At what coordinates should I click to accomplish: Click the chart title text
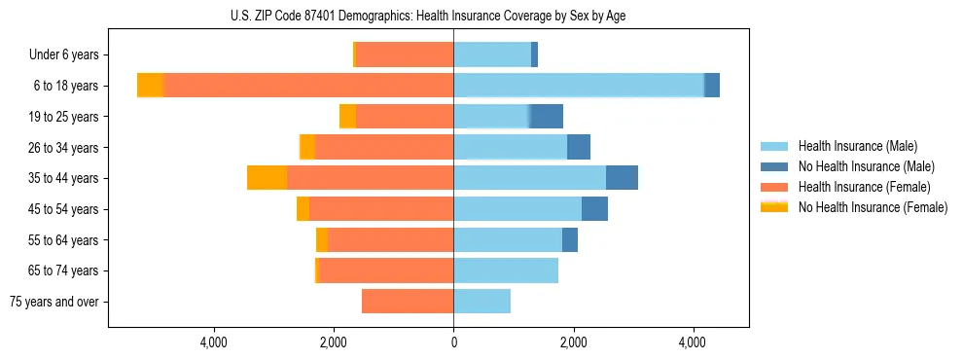pyautogui.click(x=428, y=15)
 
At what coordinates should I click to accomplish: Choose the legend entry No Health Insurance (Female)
pyautogui.click(x=873, y=207)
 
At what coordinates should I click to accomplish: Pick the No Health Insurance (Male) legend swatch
pyautogui.click(x=775, y=166)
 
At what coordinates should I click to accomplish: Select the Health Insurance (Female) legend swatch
pyautogui.click(x=775, y=187)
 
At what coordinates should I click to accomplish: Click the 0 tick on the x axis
pyautogui.click(x=453, y=342)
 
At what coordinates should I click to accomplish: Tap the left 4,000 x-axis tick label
pyautogui.click(x=213, y=342)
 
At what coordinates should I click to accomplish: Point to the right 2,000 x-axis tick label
pyautogui.click(x=573, y=342)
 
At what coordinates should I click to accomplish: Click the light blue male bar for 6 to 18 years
pyautogui.click(x=579, y=86)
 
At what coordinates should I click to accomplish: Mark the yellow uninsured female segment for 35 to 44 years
pyautogui.click(x=267, y=178)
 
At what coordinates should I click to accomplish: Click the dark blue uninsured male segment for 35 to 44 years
pyautogui.click(x=622, y=178)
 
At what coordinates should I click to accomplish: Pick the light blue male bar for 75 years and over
pyautogui.click(x=481, y=302)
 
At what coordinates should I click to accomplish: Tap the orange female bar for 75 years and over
pyautogui.click(x=408, y=302)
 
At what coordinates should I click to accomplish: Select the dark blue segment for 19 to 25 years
pyautogui.click(x=546, y=117)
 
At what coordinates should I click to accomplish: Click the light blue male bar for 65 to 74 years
pyautogui.click(x=506, y=270)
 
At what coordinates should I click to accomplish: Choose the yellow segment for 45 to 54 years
pyautogui.click(x=303, y=209)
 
